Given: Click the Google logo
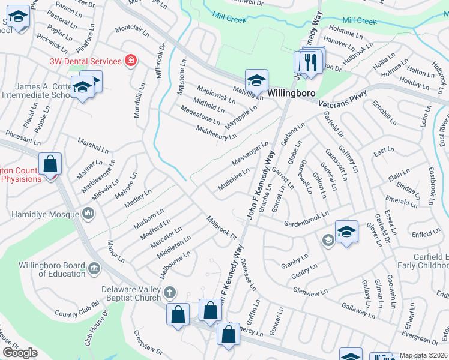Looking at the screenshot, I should point(20,352).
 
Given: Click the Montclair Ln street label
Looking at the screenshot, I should point(132,28).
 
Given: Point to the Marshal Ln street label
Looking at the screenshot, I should point(93,145).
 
